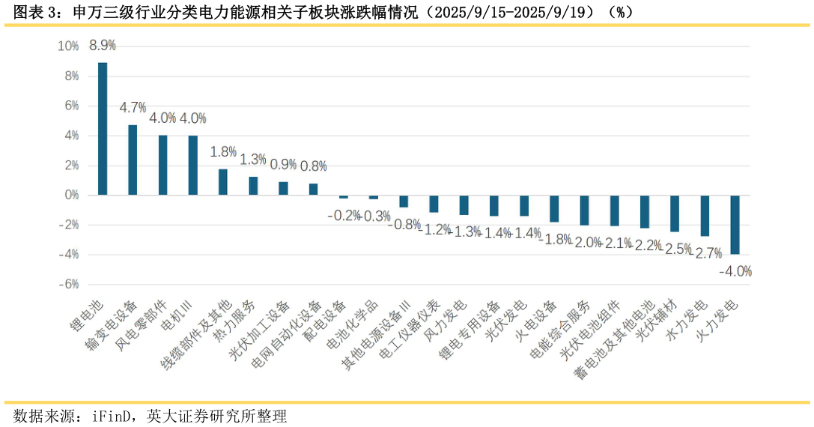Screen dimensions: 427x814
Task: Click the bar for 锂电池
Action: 103,129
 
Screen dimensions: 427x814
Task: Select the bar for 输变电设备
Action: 133,160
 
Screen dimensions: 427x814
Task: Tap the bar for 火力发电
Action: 735,225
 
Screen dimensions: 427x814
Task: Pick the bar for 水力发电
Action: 705,216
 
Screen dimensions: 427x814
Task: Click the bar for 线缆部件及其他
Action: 223,182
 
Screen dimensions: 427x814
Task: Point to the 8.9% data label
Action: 103,46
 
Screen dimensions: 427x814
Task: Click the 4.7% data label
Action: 133,108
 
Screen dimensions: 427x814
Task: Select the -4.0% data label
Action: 735,271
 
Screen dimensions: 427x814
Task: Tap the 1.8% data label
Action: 223,152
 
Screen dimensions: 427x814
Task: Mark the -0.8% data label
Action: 404,224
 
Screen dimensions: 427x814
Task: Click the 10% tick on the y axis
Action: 68,46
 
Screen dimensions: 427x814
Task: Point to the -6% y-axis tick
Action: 68,285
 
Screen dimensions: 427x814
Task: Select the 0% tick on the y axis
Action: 71,196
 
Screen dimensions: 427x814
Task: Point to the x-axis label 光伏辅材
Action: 657,322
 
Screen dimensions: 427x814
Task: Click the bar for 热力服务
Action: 253,186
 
